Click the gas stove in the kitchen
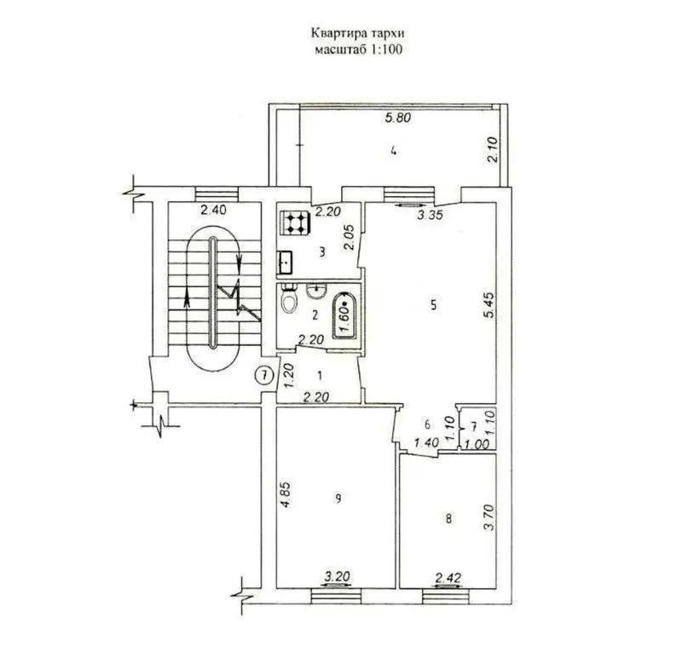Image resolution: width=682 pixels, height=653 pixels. click(294, 223)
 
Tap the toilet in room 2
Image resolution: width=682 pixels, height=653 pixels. click(289, 298)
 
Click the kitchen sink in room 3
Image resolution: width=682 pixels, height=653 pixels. click(286, 263)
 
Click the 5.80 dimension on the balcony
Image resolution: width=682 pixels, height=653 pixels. click(398, 118)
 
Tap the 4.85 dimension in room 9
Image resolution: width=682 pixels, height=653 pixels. click(285, 494)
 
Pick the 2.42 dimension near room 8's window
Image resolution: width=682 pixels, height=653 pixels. click(448, 578)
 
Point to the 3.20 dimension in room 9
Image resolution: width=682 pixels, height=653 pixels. click(337, 577)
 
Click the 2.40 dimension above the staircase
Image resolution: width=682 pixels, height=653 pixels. click(213, 211)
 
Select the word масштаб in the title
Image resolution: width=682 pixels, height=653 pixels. click(340, 49)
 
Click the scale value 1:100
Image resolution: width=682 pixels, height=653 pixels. click(386, 49)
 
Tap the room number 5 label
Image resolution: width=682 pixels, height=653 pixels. click(433, 305)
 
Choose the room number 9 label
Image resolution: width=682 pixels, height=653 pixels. click(338, 499)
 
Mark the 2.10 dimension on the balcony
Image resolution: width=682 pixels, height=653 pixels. click(492, 150)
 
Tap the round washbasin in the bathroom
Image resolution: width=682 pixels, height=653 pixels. click(316, 291)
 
